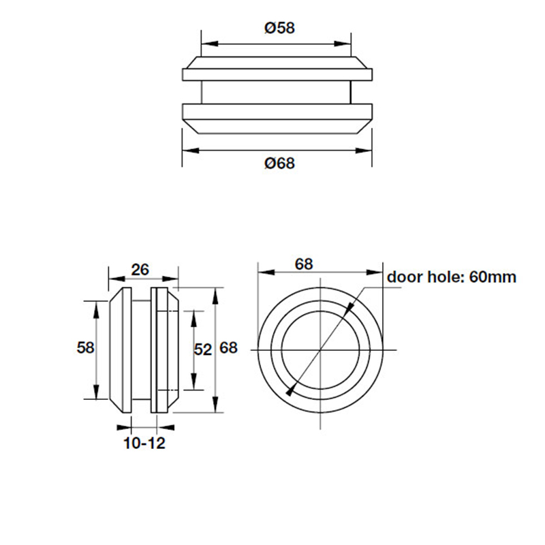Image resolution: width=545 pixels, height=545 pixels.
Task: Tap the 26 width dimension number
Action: [140, 269]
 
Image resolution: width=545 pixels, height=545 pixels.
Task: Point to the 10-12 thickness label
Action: [144, 443]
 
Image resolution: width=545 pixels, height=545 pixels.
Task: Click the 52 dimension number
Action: [203, 349]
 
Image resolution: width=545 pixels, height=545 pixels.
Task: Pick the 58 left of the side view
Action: [85, 348]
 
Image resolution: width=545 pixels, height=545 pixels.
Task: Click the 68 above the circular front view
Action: [305, 264]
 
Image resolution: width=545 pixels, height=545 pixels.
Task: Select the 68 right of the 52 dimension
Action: [228, 349]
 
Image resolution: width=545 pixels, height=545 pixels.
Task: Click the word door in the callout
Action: [407, 277]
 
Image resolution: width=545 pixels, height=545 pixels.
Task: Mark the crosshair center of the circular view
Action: [320, 349]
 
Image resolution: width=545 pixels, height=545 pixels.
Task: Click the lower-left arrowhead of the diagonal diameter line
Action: [291, 391]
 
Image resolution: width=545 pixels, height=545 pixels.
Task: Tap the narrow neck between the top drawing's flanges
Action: [277, 92]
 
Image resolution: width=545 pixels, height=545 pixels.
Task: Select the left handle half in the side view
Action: [121, 349]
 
